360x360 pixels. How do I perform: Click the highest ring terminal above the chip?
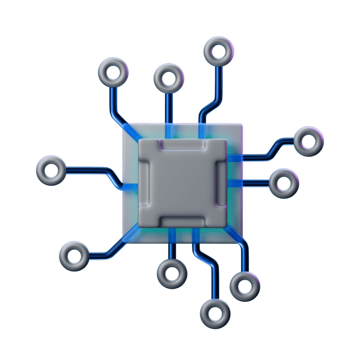[219, 51]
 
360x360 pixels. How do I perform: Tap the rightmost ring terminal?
[309, 141]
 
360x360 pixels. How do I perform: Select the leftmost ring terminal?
[51, 171]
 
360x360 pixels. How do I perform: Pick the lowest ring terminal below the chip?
[215, 314]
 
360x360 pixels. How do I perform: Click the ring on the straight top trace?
[169, 78]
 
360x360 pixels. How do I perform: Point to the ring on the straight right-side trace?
[284, 183]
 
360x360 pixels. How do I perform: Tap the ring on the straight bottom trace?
[172, 274]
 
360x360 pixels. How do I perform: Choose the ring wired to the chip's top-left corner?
[113, 72]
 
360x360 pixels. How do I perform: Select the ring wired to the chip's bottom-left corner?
[74, 256]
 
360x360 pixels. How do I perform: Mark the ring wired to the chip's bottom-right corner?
[245, 286]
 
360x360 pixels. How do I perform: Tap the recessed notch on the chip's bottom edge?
[182, 221]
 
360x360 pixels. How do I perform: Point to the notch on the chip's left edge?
[144, 183]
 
